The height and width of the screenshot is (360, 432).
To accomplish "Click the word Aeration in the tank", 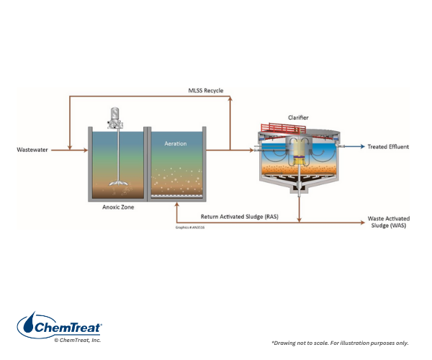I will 174,143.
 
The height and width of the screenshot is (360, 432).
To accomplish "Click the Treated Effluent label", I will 388,147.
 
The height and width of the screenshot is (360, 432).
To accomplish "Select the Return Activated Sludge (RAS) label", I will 242,215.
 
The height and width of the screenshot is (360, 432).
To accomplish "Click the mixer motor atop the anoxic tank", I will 114,115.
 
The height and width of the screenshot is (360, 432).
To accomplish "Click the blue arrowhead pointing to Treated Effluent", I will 361,147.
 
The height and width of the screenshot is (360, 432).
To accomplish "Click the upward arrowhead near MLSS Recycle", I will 229,99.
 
